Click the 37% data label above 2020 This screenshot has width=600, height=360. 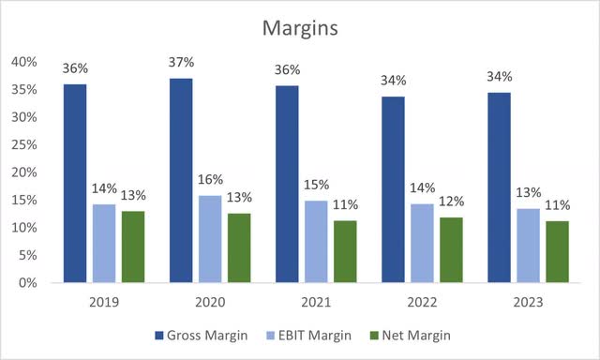point(182,62)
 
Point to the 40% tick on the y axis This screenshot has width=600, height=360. point(23,62)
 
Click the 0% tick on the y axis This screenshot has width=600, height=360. point(27,282)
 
